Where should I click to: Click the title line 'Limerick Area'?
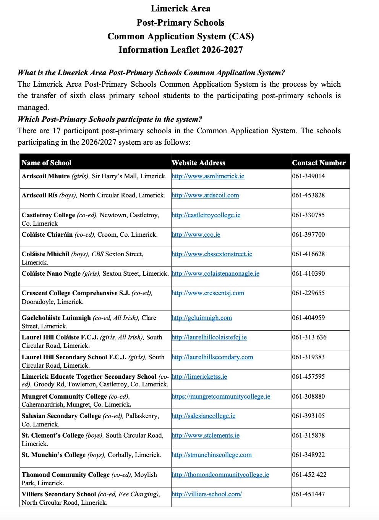[180, 8]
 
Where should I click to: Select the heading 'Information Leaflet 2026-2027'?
[180, 50]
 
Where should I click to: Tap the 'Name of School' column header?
[47, 163]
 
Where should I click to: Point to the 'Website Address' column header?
[198, 163]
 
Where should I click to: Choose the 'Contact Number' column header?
[319, 163]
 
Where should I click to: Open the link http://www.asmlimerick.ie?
[208, 176]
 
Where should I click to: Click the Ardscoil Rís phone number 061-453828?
[308, 195]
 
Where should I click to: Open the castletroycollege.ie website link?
[206, 215]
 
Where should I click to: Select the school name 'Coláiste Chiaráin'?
[47, 235]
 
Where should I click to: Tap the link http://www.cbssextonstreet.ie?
[212, 254]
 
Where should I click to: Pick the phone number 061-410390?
[308, 274]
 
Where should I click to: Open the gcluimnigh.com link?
[202, 318]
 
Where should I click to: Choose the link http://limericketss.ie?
[199, 377]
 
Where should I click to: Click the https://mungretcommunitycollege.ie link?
[221, 397]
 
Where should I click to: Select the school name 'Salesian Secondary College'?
[61, 416]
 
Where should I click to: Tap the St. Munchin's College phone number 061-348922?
[308, 455]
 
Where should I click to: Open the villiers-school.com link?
[207, 494]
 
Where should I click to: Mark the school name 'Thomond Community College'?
[66, 475]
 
